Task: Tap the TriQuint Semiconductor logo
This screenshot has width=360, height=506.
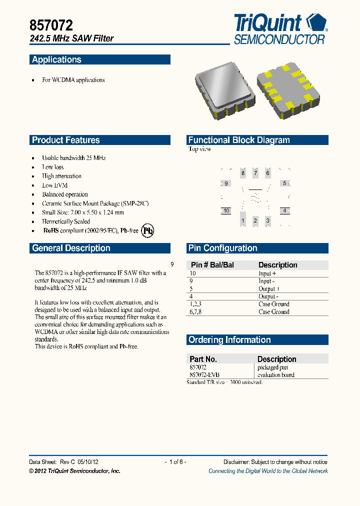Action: click(x=280, y=29)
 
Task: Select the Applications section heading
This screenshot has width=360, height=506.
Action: click(x=56, y=60)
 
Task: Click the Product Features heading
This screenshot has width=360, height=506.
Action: click(x=66, y=140)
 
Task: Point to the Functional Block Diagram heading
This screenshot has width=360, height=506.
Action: click(x=239, y=140)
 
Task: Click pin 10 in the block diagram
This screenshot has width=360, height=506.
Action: click(x=226, y=211)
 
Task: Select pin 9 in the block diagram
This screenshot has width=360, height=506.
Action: click(x=226, y=183)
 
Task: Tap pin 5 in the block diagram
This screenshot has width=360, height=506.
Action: click(x=284, y=183)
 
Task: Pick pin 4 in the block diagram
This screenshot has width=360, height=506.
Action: click(x=284, y=211)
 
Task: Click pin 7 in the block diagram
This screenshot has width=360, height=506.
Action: click(x=255, y=173)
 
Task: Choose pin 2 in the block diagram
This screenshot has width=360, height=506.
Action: click(x=255, y=220)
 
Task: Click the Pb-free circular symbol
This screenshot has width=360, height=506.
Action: click(x=147, y=230)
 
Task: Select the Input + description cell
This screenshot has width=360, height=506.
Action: click(x=267, y=273)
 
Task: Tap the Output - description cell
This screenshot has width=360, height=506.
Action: click(x=268, y=296)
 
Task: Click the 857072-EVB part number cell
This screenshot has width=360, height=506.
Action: click(x=204, y=374)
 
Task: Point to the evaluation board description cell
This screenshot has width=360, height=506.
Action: click(x=276, y=374)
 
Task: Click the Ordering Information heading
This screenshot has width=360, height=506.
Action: click(x=229, y=340)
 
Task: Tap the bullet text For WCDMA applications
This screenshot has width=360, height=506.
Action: click(x=73, y=80)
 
